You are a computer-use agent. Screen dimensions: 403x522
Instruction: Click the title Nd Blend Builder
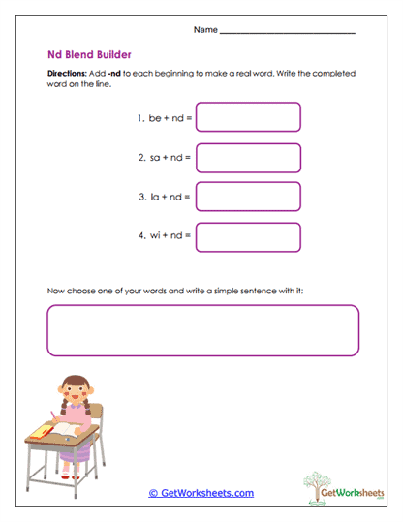(89, 55)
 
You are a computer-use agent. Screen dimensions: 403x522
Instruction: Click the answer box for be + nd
(248, 117)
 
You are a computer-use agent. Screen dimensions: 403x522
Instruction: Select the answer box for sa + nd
(248, 157)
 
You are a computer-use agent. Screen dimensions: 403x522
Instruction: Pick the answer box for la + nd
(248, 197)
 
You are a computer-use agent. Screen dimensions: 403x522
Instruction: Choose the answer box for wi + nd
(248, 236)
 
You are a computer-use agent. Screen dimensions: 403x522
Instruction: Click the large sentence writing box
(201, 330)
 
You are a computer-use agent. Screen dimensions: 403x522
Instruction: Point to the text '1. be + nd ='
(165, 118)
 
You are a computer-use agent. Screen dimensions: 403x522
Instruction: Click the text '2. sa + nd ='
(165, 157)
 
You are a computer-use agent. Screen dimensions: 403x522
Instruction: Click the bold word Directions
(68, 74)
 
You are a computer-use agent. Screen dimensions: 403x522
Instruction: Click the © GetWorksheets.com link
(201, 493)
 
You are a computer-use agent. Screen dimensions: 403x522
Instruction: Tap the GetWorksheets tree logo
(331, 487)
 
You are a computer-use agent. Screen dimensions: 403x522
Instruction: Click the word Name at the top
(205, 31)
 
